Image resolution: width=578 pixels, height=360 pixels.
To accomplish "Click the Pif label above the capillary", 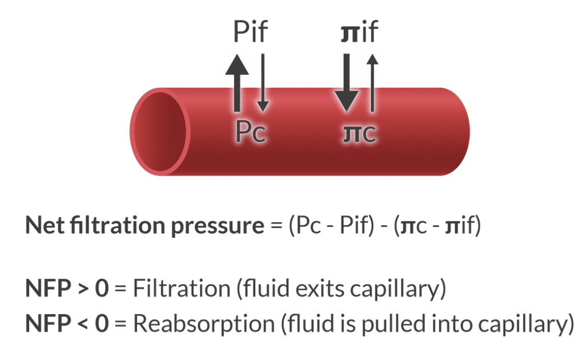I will click(250, 32).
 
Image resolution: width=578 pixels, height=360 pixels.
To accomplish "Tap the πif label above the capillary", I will click(359, 32).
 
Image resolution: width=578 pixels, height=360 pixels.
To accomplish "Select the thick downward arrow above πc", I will click(347, 82).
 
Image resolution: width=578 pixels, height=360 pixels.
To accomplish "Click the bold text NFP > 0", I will click(67, 289).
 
